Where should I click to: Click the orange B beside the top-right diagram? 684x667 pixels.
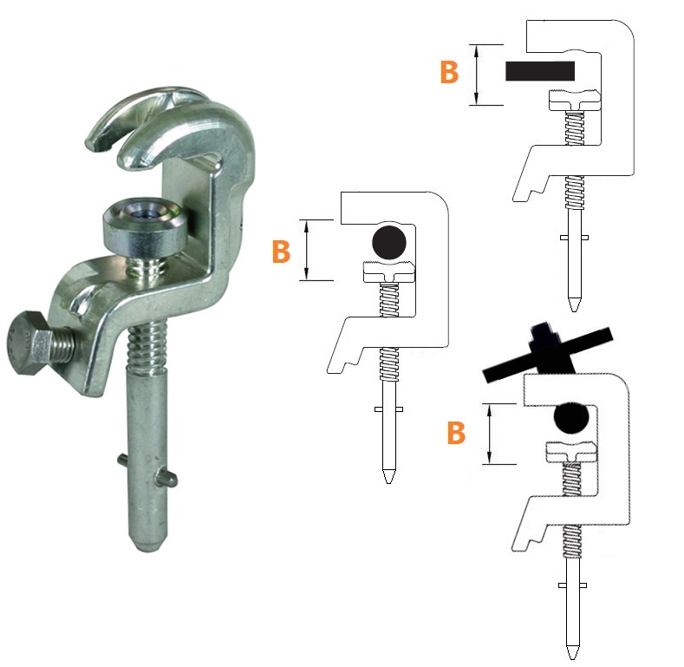449,72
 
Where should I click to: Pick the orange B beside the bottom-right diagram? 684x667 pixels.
456,433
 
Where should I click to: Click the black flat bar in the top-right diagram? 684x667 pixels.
540,71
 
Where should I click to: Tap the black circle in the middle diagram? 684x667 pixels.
389,243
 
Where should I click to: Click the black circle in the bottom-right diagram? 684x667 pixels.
571,417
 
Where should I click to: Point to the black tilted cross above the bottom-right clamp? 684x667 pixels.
548,352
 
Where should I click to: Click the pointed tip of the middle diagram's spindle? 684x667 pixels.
388,481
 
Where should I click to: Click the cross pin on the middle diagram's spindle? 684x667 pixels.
388,409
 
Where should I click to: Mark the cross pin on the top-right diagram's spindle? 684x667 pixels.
574,238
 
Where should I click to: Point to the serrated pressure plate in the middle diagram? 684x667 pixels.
389,272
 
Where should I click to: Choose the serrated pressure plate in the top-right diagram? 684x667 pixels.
575,100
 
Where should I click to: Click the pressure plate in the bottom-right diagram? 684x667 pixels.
571,451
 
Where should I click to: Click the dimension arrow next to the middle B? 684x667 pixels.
307,250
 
